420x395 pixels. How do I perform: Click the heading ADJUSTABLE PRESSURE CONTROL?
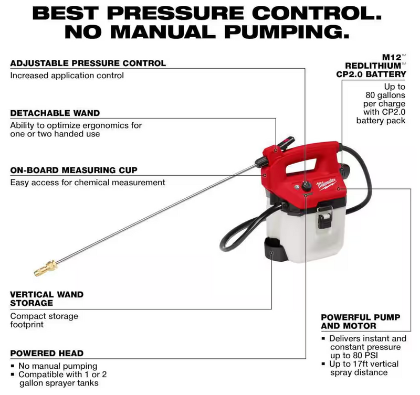click(88, 63)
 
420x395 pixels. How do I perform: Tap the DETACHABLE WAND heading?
click(55, 113)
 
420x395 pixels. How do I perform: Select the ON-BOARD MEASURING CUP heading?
click(73, 170)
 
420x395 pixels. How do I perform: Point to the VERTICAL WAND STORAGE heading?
click(47, 298)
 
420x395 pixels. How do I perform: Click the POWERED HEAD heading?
click(47, 353)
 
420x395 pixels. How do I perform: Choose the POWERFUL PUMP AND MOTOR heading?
click(360, 322)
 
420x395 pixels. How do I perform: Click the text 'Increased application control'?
click(67, 76)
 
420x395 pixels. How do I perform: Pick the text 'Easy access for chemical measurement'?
click(88, 183)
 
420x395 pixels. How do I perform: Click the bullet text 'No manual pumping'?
click(58, 366)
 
